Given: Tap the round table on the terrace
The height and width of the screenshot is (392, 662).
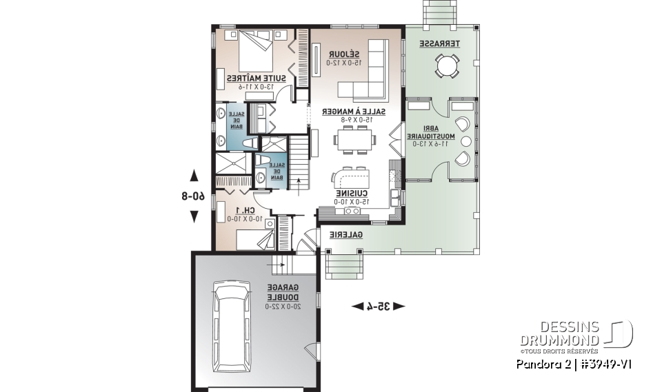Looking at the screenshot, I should pos(447,67).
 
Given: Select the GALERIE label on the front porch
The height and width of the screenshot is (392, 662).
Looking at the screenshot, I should pos(345,235).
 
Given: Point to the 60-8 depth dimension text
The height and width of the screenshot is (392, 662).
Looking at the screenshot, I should pos(194,196).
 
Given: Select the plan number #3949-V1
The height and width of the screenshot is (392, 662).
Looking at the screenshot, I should pos(608,363).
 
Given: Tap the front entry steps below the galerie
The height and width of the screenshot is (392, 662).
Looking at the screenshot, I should pos(343,262).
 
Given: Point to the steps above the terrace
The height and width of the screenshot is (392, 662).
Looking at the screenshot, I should pos(436,12).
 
